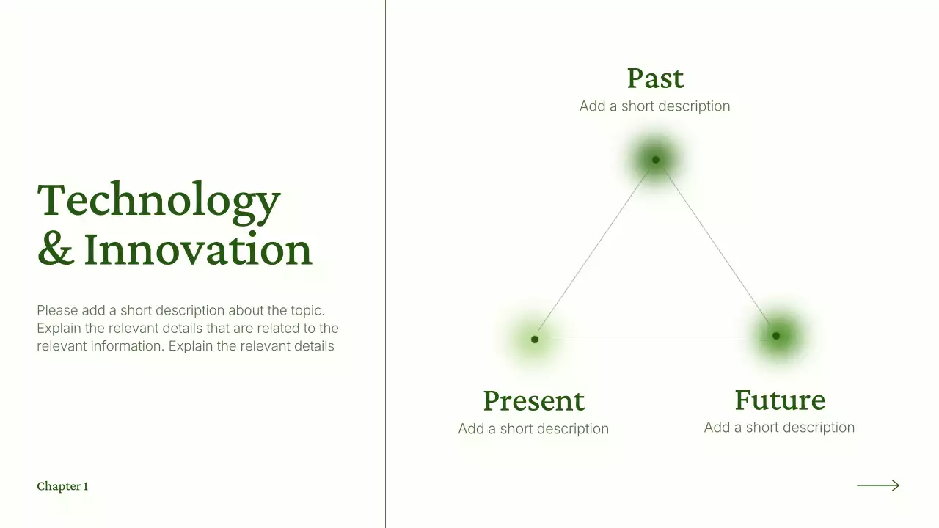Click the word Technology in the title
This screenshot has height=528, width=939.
(158, 199)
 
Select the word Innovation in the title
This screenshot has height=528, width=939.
(198, 249)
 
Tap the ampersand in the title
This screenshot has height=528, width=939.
(55, 249)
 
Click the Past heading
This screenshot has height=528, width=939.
(655, 78)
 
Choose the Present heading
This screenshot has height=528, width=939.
(533, 401)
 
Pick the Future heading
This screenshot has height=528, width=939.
(779, 400)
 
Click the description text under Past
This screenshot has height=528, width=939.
(654, 106)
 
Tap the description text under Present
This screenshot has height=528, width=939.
(533, 429)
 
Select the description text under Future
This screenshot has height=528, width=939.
(779, 428)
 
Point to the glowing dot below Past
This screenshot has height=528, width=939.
(655, 159)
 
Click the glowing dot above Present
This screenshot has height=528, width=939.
(535, 339)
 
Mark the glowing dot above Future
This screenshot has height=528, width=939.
(775, 336)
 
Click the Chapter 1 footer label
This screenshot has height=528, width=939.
(62, 486)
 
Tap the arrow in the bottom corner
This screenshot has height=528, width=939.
(877, 485)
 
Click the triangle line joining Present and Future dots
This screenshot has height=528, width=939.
(655, 340)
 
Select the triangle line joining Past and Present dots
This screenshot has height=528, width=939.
(595, 249)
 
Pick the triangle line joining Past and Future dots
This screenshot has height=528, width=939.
(715, 248)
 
